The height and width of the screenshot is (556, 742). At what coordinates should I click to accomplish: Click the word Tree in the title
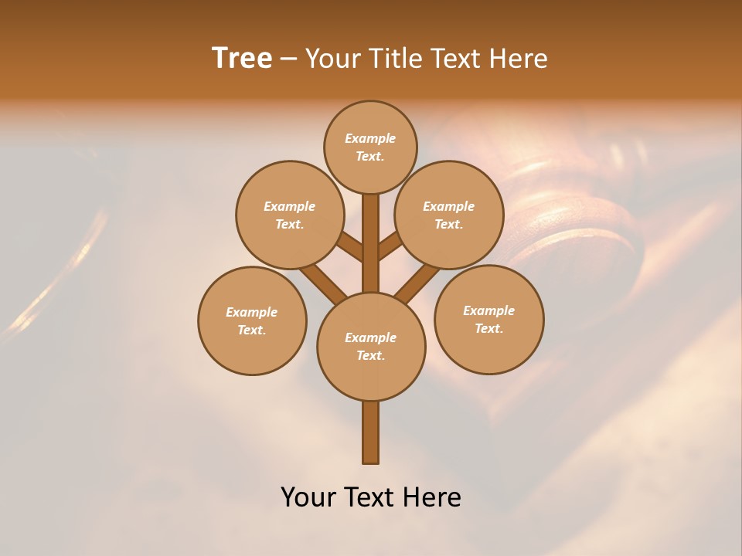[x=242, y=58]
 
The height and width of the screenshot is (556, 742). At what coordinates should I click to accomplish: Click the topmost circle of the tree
[x=370, y=147]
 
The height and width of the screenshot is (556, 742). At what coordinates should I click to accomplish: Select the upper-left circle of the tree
[x=289, y=215]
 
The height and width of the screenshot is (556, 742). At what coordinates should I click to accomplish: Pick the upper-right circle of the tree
[x=448, y=215]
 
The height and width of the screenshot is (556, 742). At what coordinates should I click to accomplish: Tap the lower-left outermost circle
[x=252, y=320]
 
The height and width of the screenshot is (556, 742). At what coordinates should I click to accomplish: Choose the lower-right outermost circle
[x=488, y=319]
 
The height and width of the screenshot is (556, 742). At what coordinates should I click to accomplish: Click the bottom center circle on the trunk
[x=371, y=346]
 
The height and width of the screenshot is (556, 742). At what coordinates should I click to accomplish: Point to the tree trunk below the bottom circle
[x=371, y=432]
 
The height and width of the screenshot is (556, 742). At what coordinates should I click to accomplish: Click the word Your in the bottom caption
[x=308, y=497]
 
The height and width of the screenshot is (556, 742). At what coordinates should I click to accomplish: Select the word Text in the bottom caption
[x=371, y=497]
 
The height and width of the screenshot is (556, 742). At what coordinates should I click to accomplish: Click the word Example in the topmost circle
[x=370, y=138]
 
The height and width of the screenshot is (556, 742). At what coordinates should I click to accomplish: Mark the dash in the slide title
[x=288, y=59]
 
